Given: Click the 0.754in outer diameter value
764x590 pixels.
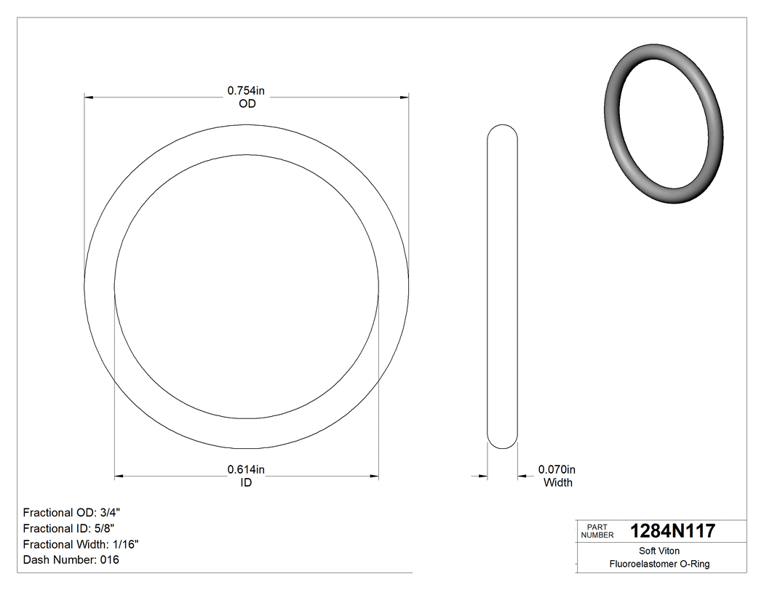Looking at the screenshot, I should pyautogui.click(x=246, y=91).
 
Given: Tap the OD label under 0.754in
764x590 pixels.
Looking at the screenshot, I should pyautogui.click(x=247, y=104).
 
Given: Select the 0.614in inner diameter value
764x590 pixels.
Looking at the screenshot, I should pyautogui.click(x=246, y=470).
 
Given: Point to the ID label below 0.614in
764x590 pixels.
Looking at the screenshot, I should pyautogui.click(x=246, y=483).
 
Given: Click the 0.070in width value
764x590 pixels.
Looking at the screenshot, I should pyautogui.click(x=557, y=470).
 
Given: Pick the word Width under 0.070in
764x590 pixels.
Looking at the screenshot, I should pyautogui.click(x=558, y=483).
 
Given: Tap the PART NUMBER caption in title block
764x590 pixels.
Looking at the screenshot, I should pyautogui.click(x=597, y=531).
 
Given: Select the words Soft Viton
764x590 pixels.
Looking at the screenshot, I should pyautogui.click(x=659, y=551).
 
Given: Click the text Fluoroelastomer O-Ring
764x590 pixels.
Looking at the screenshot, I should pyautogui.click(x=659, y=564).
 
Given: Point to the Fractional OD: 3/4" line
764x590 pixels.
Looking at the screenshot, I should pyautogui.click(x=71, y=512).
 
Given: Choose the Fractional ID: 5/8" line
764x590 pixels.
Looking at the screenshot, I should pyautogui.click(x=69, y=528).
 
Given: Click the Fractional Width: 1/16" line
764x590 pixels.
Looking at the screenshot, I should pyautogui.click(x=81, y=544).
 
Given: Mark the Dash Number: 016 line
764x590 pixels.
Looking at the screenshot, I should pyautogui.click(x=71, y=560).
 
